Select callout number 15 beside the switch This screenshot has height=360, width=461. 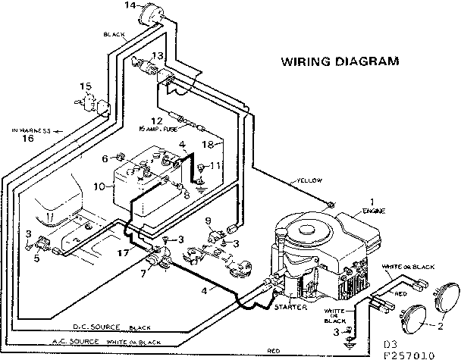(x=86, y=86)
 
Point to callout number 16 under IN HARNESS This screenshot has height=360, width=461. (x=28, y=139)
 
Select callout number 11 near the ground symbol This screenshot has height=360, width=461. (x=215, y=164)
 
